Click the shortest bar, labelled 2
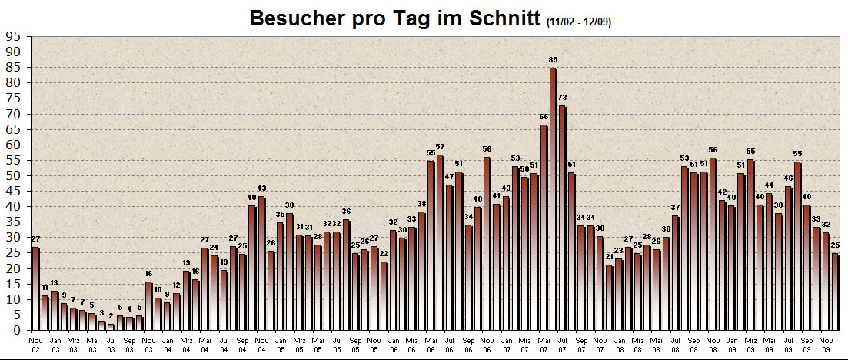coord(111,327)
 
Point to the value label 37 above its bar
coord(676,208)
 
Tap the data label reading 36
coord(346,212)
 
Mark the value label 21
coord(610,257)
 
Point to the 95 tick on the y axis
coord(13,36)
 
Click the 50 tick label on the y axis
coord(13,175)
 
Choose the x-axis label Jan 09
coord(731,343)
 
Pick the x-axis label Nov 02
coord(35,343)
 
